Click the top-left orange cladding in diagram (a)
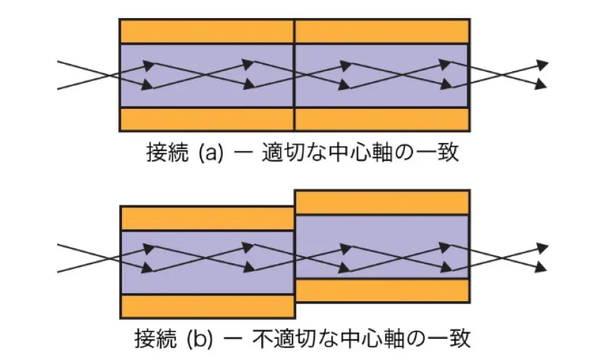tap(207, 31)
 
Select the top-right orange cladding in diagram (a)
tap(382, 31)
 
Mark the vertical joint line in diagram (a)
tap(295, 75)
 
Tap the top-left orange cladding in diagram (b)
tap(207, 218)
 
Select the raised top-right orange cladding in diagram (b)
tap(382, 202)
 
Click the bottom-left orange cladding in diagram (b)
tap(207, 306)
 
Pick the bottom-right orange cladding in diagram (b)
tap(382, 290)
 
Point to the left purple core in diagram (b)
tap(207, 282)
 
